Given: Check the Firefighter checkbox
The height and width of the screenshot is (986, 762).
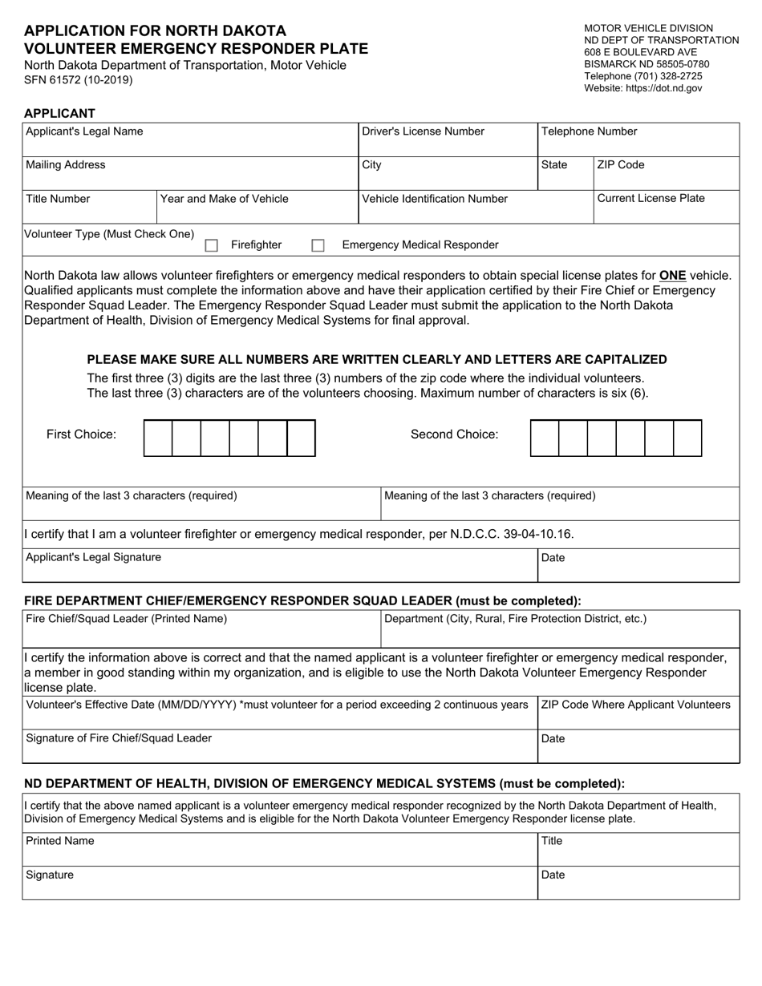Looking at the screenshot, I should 212,245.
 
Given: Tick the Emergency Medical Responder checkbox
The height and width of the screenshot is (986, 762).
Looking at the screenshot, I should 318,245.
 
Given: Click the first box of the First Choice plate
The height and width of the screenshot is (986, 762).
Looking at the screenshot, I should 158,438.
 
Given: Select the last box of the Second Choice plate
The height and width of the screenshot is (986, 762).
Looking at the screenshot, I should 687,438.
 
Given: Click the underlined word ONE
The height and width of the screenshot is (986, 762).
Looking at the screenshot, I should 672,276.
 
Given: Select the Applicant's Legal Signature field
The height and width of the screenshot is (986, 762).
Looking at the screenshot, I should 279,569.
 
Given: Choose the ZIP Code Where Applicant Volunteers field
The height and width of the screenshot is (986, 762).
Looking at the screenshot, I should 638,718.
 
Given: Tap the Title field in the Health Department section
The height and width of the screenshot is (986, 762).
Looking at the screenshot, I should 638,853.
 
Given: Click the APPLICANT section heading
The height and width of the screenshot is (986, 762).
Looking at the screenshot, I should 59,113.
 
